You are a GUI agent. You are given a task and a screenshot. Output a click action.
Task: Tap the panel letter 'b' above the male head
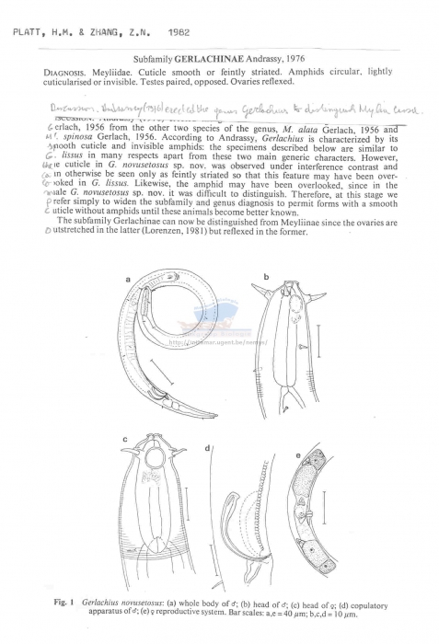[265, 275]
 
